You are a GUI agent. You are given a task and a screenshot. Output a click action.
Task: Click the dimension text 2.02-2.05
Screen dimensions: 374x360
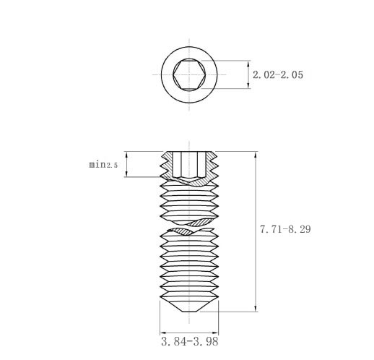[278, 74]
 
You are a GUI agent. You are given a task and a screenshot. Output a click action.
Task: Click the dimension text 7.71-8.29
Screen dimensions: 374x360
[285, 229]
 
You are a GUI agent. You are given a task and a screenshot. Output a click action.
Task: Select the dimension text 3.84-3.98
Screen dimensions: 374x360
[190, 341]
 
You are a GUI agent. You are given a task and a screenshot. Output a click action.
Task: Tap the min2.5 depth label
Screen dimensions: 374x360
[103, 165]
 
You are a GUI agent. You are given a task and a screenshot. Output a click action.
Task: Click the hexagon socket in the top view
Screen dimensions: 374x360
[189, 74]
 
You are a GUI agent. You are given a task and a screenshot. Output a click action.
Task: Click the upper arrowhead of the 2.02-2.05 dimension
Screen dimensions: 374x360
[248, 64]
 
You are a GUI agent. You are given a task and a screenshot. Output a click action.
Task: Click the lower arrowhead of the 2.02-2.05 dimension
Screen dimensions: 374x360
[248, 86]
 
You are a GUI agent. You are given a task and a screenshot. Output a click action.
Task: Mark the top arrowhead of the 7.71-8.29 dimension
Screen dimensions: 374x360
[256, 155]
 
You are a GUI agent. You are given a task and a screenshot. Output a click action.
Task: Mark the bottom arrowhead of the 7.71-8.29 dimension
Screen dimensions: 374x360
[256, 309]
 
